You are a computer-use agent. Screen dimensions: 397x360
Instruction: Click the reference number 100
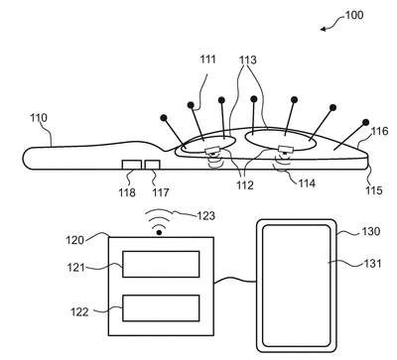pyautogui.click(x=354, y=15)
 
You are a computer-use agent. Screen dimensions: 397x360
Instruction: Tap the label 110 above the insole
pyautogui.click(x=39, y=118)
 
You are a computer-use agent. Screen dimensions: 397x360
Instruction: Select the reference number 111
pyautogui.click(x=207, y=60)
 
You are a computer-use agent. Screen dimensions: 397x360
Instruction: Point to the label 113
pyautogui.click(x=248, y=60)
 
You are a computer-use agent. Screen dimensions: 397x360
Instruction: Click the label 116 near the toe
pyautogui.click(x=379, y=131)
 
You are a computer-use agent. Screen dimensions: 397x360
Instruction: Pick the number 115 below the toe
pyautogui.click(x=374, y=190)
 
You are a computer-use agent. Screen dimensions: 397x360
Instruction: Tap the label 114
pyautogui.click(x=307, y=183)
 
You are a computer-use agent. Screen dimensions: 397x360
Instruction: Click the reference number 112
pyautogui.click(x=245, y=185)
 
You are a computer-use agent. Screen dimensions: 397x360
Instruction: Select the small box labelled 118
pyautogui.click(x=132, y=165)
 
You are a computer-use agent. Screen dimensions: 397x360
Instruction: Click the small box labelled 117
pyautogui.click(x=153, y=165)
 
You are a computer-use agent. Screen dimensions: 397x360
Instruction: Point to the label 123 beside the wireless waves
pyautogui.click(x=206, y=216)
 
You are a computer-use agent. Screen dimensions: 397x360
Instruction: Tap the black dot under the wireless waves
pyautogui.click(x=159, y=233)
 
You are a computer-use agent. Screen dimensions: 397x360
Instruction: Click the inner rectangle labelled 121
pyautogui.click(x=161, y=264)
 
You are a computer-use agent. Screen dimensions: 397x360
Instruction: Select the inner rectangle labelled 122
pyautogui.click(x=161, y=308)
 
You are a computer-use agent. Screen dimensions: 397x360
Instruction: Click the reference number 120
pyautogui.click(x=74, y=240)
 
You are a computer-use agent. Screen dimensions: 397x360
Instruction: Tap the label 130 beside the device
pyautogui.click(x=370, y=231)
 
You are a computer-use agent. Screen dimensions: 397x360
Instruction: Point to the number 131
pyautogui.click(x=372, y=264)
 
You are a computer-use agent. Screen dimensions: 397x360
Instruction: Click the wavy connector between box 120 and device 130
pyautogui.click(x=235, y=281)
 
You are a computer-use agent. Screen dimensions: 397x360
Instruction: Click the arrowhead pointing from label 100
pyautogui.click(x=324, y=29)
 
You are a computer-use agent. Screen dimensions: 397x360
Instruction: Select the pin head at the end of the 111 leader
pyautogui.click(x=191, y=105)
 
